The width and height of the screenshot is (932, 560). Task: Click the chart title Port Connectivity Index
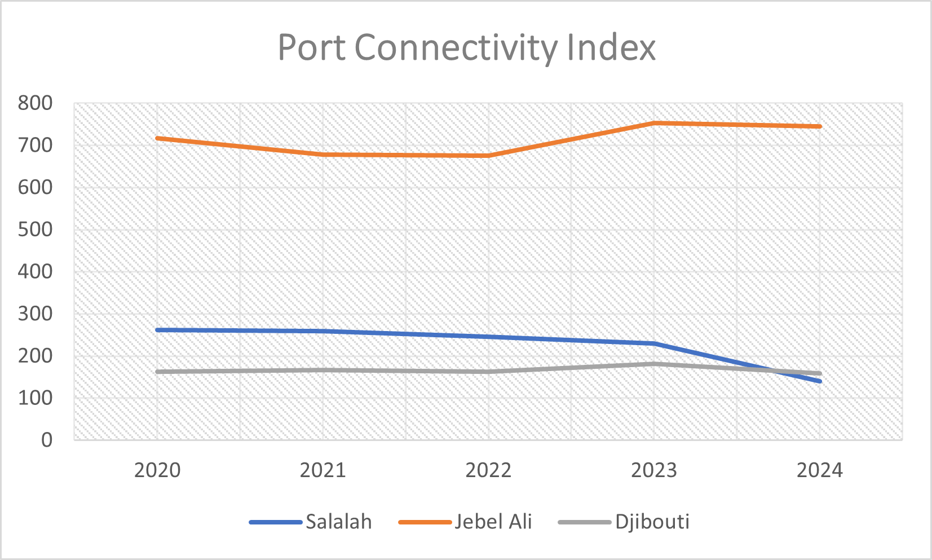click(466, 47)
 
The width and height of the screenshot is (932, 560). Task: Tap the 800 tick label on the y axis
click(35, 103)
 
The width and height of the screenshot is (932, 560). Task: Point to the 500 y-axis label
click(35, 230)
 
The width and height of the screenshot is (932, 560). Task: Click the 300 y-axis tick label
click(35, 314)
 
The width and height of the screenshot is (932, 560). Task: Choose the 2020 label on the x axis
click(157, 470)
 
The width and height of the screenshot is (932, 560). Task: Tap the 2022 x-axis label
click(488, 470)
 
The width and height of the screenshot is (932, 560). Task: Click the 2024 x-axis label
click(819, 470)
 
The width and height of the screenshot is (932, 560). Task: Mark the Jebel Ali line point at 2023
click(654, 123)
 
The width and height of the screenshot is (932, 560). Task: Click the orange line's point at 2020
click(157, 138)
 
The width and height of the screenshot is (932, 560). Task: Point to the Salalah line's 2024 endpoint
click(819, 381)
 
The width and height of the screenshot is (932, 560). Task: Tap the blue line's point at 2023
click(654, 343)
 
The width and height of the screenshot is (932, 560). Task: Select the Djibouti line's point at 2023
click(654, 364)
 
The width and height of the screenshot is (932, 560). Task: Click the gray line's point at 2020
click(157, 372)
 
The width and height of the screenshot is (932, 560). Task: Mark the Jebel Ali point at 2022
click(488, 155)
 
